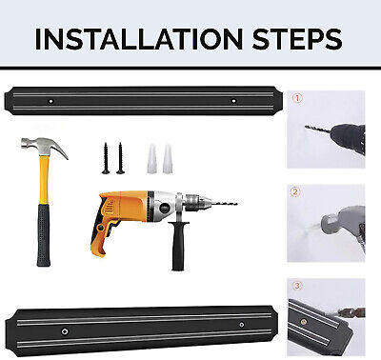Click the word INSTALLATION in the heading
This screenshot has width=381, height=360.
click(139, 39)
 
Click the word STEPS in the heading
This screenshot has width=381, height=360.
click(297, 39)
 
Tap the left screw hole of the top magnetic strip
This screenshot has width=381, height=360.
click(50, 101)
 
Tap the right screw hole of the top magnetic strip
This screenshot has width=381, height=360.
click(233, 101)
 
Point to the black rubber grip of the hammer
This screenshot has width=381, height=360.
click(44, 235)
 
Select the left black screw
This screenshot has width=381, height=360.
click(106, 158)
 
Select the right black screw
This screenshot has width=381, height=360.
click(120, 158)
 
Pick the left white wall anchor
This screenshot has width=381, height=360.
click(152, 158)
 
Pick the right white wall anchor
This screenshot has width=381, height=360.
click(168, 158)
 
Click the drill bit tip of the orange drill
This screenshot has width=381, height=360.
click(236, 204)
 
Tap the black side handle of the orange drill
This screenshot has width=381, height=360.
click(178, 246)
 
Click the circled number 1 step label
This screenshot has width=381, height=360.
click(297, 98)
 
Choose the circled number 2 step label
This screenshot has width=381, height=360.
click(295, 192)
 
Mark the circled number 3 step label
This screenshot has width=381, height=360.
click(297, 286)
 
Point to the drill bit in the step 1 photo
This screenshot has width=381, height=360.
click(318, 129)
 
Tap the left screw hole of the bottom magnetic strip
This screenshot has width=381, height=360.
click(65, 331)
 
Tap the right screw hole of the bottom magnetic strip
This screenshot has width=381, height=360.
click(242, 325)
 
